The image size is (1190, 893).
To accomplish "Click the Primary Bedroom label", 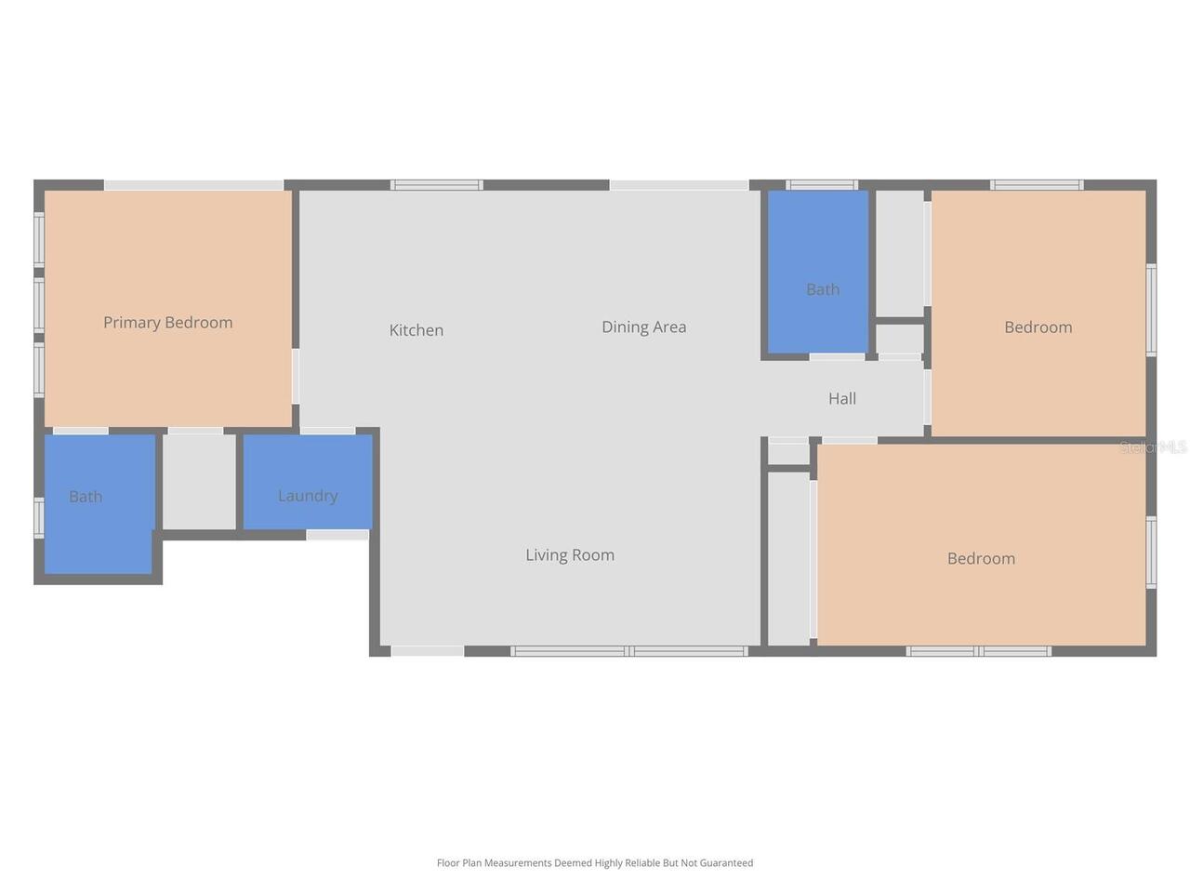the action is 168,323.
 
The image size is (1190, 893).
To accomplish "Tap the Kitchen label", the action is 416,329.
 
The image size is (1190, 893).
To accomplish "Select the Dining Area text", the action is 644,327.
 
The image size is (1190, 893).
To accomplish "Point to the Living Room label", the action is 570,554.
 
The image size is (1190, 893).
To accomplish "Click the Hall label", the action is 842,398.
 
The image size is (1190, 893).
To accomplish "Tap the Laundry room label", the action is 308,496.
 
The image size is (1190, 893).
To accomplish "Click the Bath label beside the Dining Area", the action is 823,289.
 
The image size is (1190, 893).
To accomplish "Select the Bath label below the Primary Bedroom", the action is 86,496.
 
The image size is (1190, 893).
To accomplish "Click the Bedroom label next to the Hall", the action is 1038,327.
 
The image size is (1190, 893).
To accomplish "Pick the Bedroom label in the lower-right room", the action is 981,558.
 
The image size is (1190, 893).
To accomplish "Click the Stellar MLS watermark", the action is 1153,447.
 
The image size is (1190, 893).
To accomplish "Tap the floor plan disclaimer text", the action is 595,862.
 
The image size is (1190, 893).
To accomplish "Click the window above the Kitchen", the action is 436,185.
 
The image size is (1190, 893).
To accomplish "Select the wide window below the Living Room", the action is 629,651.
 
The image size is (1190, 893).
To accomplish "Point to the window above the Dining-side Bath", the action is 822,185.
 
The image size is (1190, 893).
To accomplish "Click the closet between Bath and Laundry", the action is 199,482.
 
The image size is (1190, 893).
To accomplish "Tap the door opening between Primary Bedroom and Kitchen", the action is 296,377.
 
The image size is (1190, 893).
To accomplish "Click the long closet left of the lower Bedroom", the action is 788,558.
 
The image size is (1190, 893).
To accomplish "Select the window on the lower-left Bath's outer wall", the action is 39,518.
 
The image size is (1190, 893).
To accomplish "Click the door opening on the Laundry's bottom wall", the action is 337,535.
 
